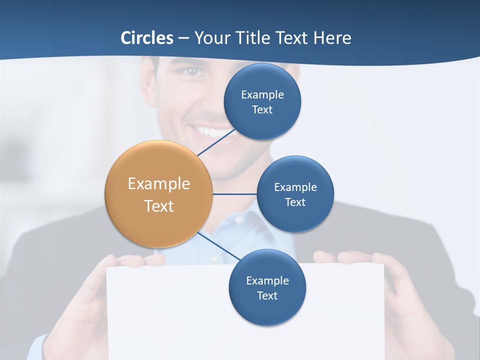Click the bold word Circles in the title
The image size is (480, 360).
click(x=146, y=38)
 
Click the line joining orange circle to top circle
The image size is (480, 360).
click(x=216, y=142)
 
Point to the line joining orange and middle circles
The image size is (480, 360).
click(x=234, y=194)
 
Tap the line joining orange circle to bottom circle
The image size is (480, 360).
click(x=218, y=246)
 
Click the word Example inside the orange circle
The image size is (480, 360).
click(x=159, y=184)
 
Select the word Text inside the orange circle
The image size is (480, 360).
click(x=159, y=206)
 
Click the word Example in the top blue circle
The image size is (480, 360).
click(x=262, y=95)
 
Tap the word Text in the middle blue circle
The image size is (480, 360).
click(x=295, y=202)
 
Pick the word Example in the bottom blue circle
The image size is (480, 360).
click(x=267, y=281)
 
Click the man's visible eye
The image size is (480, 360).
click(x=190, y=71)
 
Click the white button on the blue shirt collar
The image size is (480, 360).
click(x=239, y=219)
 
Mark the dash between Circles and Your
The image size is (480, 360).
click(x=183, y=38)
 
